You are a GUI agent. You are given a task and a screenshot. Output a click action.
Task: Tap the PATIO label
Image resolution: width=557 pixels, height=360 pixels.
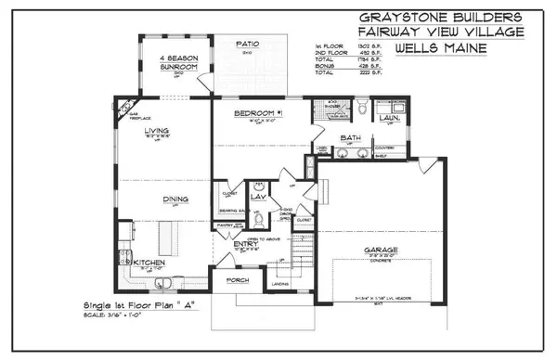point(246,44)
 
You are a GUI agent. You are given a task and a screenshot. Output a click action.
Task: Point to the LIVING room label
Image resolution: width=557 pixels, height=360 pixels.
point(155,132)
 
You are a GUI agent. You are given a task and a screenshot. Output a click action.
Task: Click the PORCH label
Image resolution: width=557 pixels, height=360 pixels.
point(239,279)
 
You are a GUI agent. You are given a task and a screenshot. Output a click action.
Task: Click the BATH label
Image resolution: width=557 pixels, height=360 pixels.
point(350,138)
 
